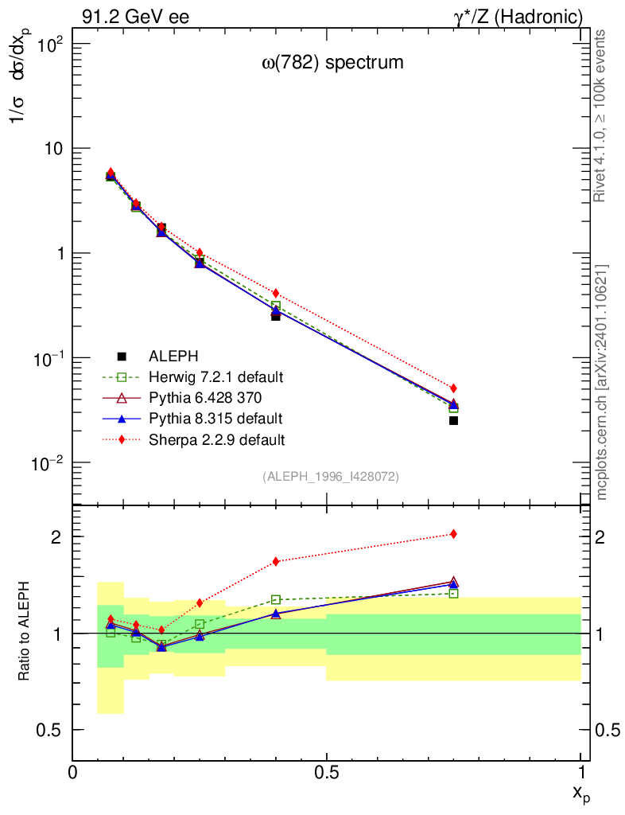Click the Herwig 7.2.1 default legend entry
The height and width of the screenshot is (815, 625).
pos(215,376)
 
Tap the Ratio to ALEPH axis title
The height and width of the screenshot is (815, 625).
pos(25,634)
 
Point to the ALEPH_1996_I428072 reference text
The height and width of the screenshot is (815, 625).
pos(331,477)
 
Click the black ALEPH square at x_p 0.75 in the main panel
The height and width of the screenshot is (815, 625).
pos(453,420)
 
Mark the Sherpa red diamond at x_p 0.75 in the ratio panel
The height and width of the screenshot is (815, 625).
pos(453,534)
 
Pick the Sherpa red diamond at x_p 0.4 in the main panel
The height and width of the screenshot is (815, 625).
pos(276,294)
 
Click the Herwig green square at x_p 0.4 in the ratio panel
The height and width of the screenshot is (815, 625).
pos(276,599)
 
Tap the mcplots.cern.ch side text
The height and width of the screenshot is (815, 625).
pos(602,382)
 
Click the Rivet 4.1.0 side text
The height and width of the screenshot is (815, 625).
pos(602,115)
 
